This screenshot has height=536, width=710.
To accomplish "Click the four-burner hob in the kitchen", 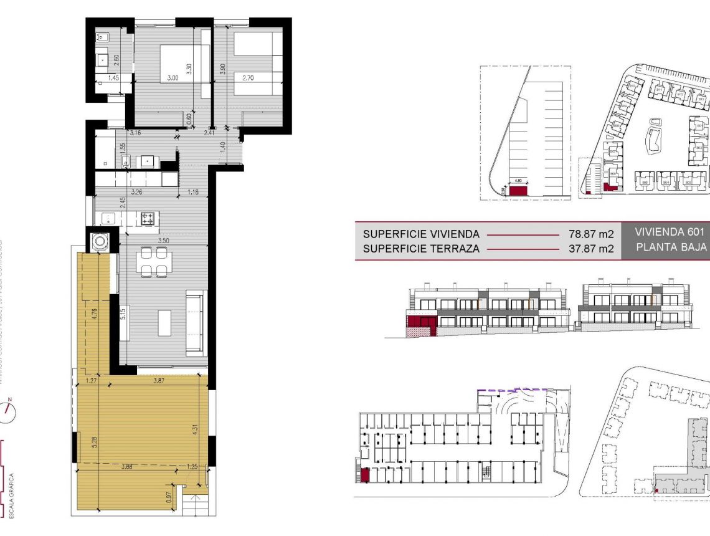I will coord(149,218).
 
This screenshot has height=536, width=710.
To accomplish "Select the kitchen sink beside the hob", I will coord(108,218).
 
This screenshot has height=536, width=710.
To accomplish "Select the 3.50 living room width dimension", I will coord(164,240).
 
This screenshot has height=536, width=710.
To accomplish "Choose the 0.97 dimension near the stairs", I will coord(169,497).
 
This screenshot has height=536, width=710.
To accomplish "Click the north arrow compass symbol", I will coord(9,409).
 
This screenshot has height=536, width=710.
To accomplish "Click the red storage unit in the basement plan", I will coord(366,475).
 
